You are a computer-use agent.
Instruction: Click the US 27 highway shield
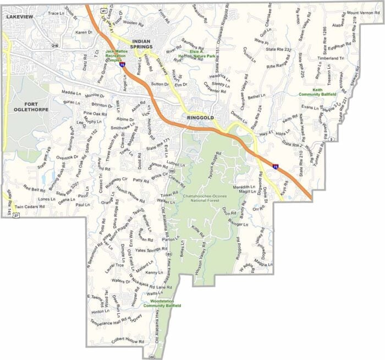click(16, 215)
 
